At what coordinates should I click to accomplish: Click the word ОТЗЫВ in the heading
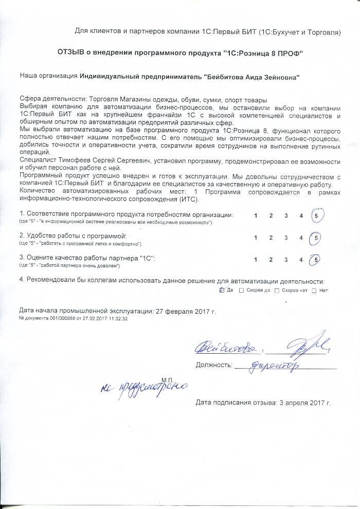71,53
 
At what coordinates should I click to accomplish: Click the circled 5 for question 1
315,215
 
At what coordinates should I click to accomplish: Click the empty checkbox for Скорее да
242,290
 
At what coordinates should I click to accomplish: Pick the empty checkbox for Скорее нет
277,290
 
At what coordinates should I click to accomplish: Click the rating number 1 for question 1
256,216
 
